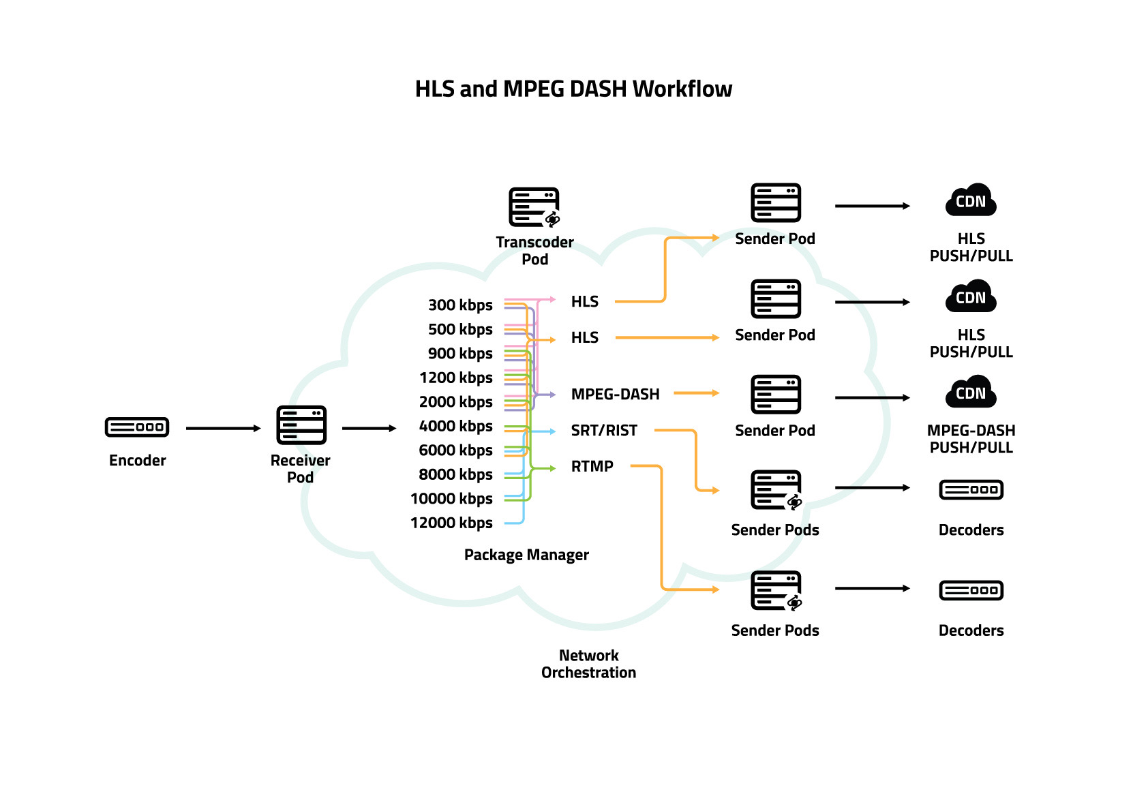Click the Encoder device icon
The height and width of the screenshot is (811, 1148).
pyautogui.click(x=137, y=427)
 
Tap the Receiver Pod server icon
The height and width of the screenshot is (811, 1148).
pyautogui.click(x=301, y=425)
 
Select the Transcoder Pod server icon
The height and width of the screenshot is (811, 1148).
pyautogui.click(x=534, y=207)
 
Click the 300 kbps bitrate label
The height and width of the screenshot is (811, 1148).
pyautogui.click(x=460, y=305)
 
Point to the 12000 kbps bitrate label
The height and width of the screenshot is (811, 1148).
pyautogui.click(x=451, y=523)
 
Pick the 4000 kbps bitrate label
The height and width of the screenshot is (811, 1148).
pyautogui.click(x=455, y=426)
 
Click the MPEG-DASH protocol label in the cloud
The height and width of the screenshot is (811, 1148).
pyautogui.click(x=615, y=394)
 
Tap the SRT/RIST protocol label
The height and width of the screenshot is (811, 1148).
pyautogui.click(x=604, y=430)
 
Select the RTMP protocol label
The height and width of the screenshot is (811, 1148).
pyautogui.click(x=592, y=466)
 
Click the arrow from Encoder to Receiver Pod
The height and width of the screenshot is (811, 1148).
pyautogui.click(x=223, y=428)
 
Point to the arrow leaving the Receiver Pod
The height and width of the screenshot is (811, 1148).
pyautogui.click(x=369, y=428)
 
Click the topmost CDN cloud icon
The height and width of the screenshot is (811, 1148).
pyautogui.click(x=971, y=200)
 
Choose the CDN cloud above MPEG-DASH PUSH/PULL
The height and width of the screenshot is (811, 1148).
pyautogui.click(x=971, y=392)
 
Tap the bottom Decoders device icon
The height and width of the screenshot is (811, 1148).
pyautogui.click(x=971, y=590)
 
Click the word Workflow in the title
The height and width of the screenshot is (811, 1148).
pyautogui.click(x=682, y=89)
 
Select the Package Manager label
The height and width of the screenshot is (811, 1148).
pyautogui.click(x=526, y=555)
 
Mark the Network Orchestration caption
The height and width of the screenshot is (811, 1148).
pyautogui.click(x=588, y=664)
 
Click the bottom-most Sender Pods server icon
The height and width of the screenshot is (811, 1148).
pyautogui.click(x=776, y=590)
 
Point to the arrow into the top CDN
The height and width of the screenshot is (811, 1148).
pyautogui.click(x=872, y=206)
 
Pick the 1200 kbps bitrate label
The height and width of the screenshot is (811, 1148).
pyautogui.click(x=455, y=378)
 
